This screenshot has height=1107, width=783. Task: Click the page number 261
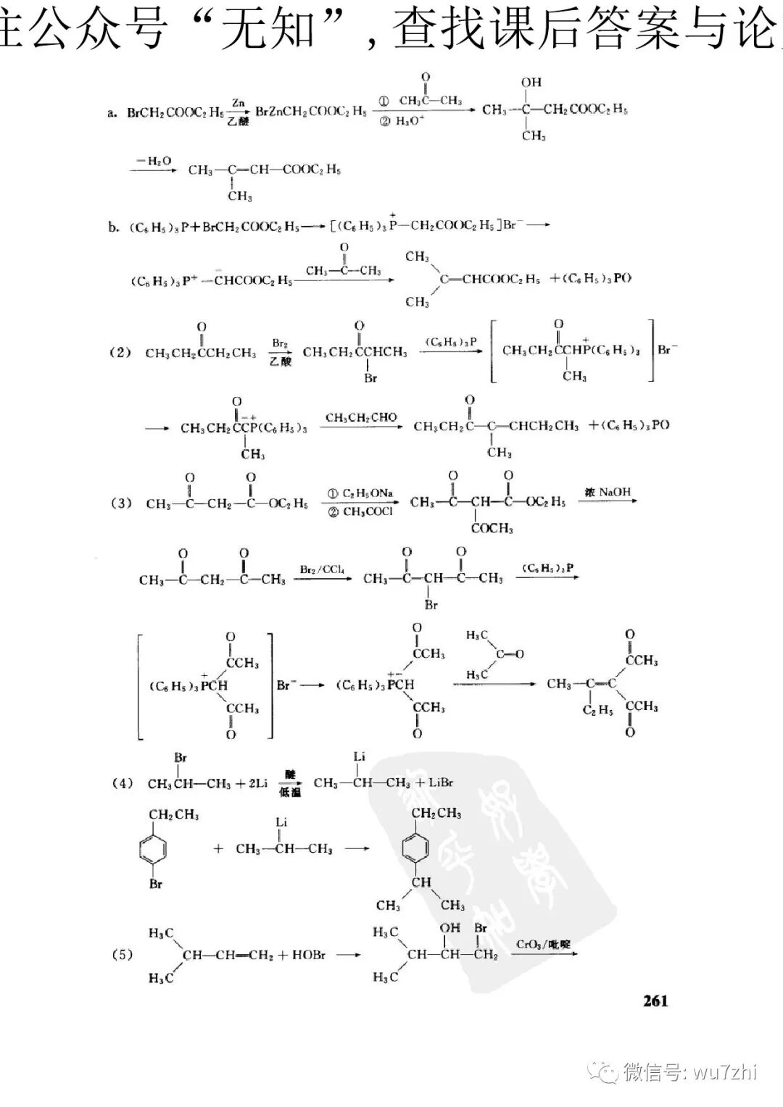click(655, 1001)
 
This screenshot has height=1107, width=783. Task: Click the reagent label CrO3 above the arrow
click(527, 944)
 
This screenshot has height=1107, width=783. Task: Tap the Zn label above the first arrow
click(238, 104)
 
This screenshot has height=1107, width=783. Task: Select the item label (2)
click(120, 352)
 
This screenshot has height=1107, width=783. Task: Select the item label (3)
click(120, 503)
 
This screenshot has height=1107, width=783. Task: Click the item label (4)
click(122, 783)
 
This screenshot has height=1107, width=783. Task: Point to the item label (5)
click(122, 954)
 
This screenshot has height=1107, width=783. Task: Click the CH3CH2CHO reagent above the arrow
click(361, 417)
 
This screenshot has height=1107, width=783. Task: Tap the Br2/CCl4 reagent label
click(322, 569)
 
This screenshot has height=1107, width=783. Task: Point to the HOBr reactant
click(308, 955)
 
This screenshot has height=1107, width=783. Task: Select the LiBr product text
click(440, 782)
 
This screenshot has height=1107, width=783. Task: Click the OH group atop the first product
click(531, 82)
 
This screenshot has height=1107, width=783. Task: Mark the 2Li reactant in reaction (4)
click(257, 783)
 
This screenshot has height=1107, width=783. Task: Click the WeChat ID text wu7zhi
click(725, 1072)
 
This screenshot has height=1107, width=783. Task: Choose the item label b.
click(114, 227)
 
